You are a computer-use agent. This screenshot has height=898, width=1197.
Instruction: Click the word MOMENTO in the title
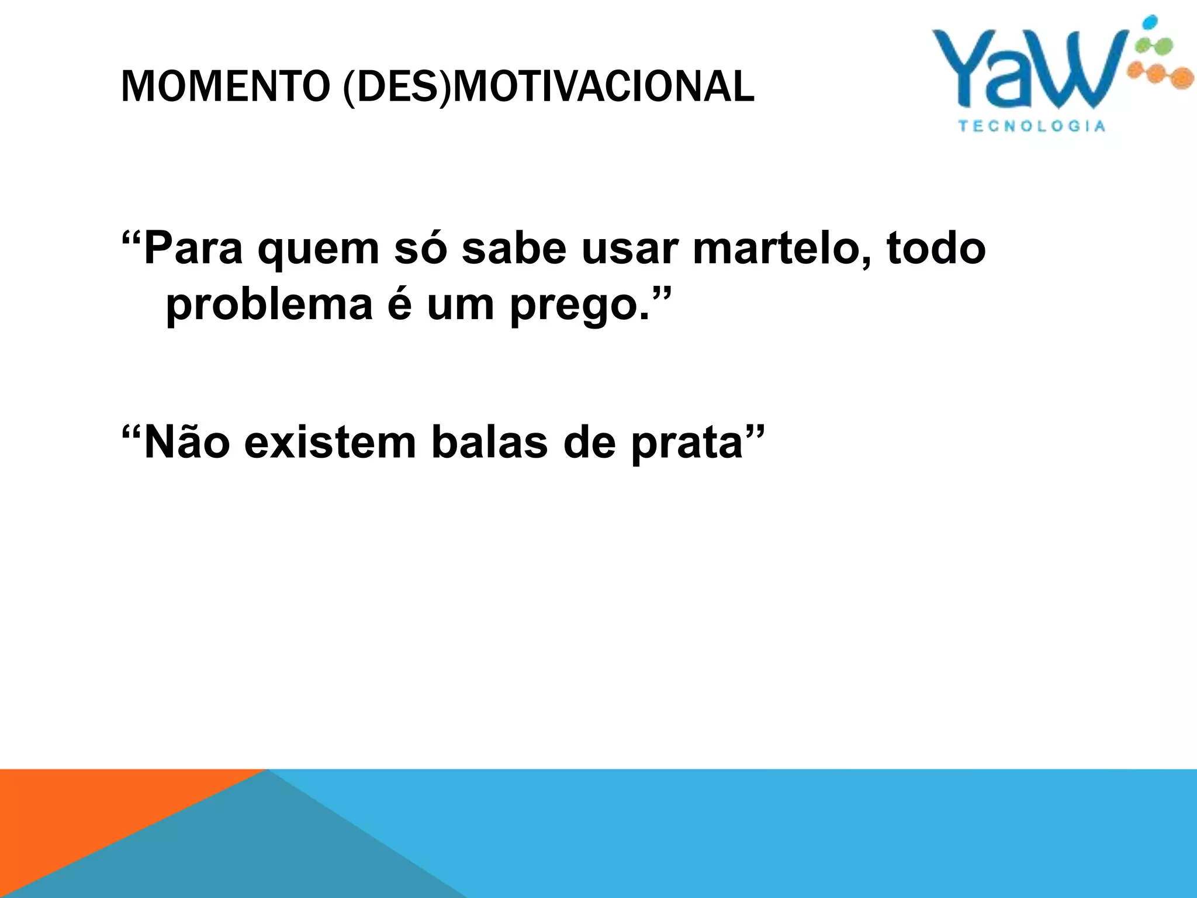(x=226, y=87)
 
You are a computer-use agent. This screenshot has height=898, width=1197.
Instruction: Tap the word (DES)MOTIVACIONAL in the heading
(x=549, y=87)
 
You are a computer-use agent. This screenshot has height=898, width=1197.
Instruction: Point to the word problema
(x=269, y=306)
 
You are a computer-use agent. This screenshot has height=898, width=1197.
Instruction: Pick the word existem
(x=330, y=443)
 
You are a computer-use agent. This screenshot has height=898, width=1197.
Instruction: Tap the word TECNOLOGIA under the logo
(x=1032, y=126)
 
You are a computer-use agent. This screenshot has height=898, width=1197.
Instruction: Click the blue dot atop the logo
(x=1149, y=22)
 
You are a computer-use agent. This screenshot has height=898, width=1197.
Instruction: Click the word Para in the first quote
(x=193, y=249)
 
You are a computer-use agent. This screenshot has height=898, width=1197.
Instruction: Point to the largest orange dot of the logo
(x=1182, y=78)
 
